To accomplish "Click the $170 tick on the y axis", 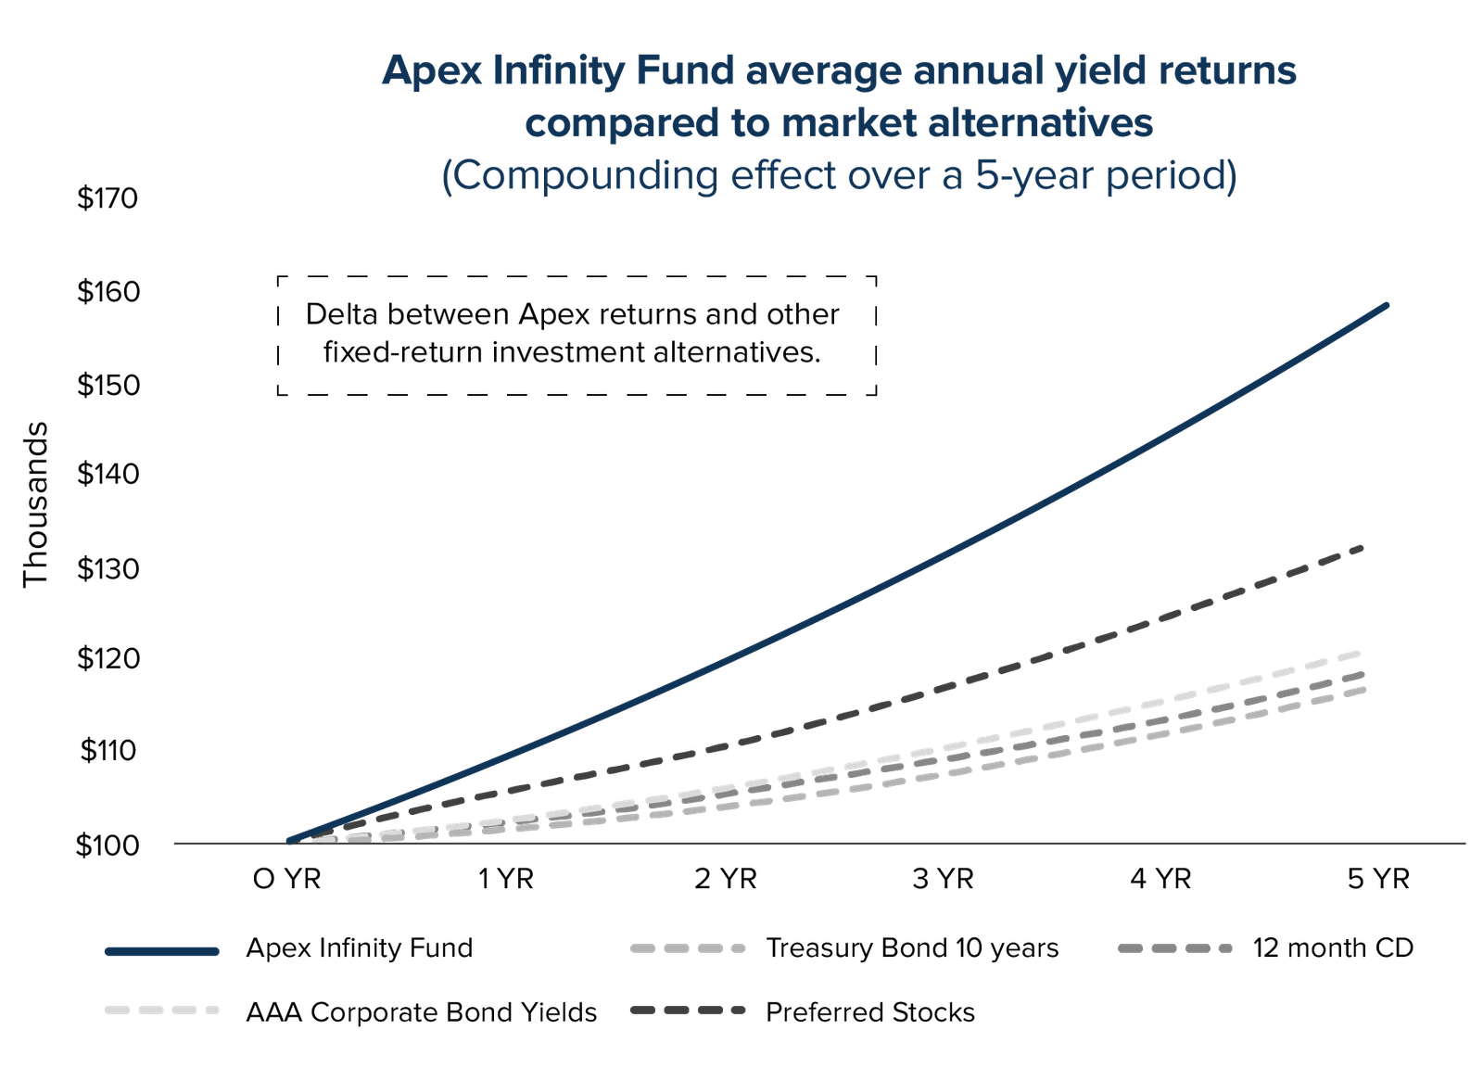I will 108,199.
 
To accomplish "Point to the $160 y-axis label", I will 108,293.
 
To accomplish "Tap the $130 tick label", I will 108,568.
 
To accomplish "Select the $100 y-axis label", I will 108,845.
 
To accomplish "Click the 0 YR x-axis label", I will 287,877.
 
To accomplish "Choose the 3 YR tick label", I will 943,877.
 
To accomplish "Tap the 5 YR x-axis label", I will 1378,877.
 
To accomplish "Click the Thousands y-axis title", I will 37,504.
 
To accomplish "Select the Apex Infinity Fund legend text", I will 360,948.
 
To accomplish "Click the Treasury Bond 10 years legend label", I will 912,948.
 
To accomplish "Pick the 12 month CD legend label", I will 1334,948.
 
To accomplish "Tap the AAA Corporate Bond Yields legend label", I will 421,1011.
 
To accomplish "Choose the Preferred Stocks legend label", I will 870,1011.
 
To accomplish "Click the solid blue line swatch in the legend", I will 163,951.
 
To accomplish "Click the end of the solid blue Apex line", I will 1387,304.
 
